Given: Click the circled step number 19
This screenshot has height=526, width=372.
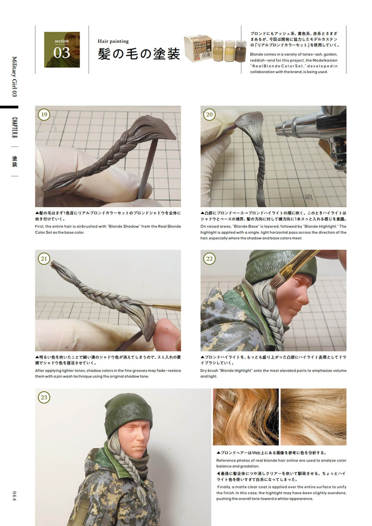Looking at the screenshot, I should pos(44,114).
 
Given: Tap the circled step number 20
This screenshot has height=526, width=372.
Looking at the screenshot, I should pos(209,114).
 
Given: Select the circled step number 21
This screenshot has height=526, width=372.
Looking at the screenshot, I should pos(44,259).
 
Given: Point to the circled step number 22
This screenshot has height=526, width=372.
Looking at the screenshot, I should pos(209,259).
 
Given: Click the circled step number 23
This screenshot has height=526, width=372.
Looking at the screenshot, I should pos(44,397).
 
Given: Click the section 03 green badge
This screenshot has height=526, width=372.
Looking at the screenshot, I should pos(62,50).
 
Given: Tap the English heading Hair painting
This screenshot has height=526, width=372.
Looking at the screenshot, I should pos(113,41).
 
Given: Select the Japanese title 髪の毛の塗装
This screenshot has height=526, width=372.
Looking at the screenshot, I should pos(139,54).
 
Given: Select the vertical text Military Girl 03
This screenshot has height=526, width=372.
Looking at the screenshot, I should pos(14,77).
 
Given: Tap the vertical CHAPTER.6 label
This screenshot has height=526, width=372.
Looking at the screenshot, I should pos(14,128).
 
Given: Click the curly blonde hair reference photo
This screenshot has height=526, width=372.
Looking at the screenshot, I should pos(246,417).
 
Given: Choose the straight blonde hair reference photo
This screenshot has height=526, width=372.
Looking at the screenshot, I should pos(313,417).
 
